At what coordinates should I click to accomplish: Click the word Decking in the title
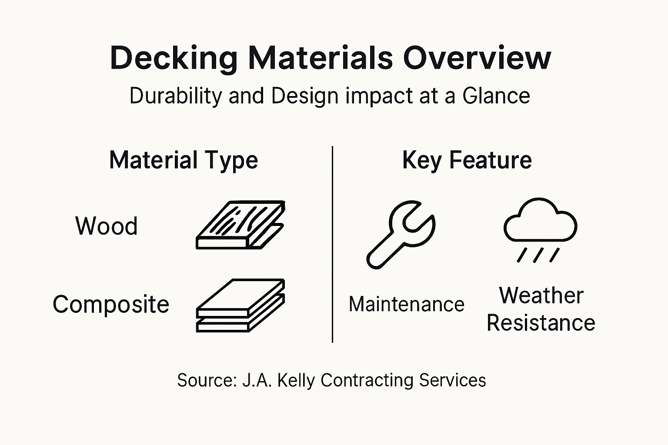click(x=174, y=58)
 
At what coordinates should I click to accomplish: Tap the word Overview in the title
click(x=477, y=57)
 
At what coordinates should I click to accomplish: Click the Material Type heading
click(x=184, y=160)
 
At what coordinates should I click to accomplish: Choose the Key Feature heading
click(x=467, y=160)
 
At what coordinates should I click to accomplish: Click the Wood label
click(x=107, y=226)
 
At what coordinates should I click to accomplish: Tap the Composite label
click(x=111, y=304)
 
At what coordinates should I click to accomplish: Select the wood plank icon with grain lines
click(x=240, y=225)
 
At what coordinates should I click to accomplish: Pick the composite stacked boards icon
click(x=240, y=305)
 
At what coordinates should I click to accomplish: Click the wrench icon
click(x=401, y=234)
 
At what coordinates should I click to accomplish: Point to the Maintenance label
click(x=407, y=304)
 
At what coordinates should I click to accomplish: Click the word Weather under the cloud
click(x=541, y=296)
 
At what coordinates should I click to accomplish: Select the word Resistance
click(x=541, y=323)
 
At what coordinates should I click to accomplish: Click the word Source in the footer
click(x=206, y=380)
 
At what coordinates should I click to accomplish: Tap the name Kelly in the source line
click(x=296, y=380)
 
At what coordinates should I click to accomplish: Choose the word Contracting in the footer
click(x=367, y=380)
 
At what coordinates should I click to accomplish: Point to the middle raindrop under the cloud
click(x=538, y=255)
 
